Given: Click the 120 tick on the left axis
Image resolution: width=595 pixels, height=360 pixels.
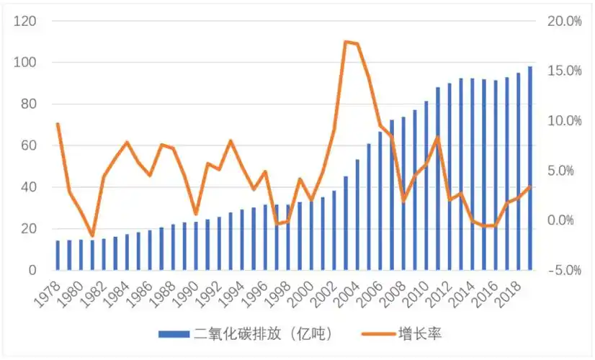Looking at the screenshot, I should click(27, 21).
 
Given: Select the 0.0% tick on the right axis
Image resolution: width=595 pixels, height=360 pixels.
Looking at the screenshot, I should click(565, 220).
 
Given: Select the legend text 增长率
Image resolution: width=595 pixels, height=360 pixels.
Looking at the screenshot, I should click(415, 334).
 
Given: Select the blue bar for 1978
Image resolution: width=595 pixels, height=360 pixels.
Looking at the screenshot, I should click(58, 255).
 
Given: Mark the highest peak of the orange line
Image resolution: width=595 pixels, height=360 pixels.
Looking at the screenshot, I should click(346, 42).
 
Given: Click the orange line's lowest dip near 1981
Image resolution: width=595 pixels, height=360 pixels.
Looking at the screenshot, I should click(92, 236).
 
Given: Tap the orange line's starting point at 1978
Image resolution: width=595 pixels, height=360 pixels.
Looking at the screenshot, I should click(58, 124).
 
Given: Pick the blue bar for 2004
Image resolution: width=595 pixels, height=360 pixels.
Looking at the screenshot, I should click(357, 215).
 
